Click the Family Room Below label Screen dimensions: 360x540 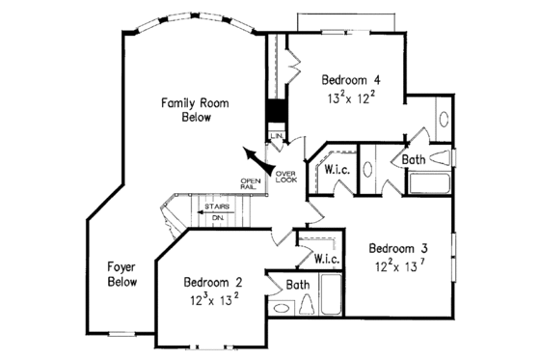point(187,108)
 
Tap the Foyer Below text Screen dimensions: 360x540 point(122,274)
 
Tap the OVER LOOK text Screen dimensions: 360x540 point(286,176)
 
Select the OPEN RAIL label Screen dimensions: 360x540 point(251,183)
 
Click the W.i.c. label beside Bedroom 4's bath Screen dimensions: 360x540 point(337,170)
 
